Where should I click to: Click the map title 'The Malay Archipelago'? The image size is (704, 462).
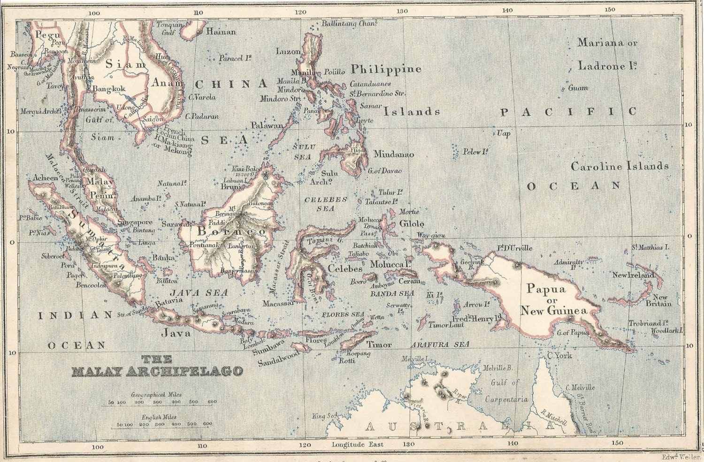[x=157, y=366]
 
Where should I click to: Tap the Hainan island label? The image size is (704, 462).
[x=221, y=32]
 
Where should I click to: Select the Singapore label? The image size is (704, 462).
[x=135, y=222]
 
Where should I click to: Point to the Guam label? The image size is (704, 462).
[x=578, y=88]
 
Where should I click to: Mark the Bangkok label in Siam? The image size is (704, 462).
[x=109, y=89]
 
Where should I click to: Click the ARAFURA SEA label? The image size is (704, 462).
[x=440, y=345]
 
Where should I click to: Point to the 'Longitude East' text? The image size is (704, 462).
[x=357, y=444]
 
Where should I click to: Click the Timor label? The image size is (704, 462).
[x=379, y=345]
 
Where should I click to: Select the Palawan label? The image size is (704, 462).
[x=267, y=125]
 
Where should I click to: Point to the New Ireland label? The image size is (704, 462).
[x=633, y=275]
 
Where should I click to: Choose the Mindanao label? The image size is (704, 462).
[x=393, y=154]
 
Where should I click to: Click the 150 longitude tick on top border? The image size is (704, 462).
[x=610, y=10]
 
